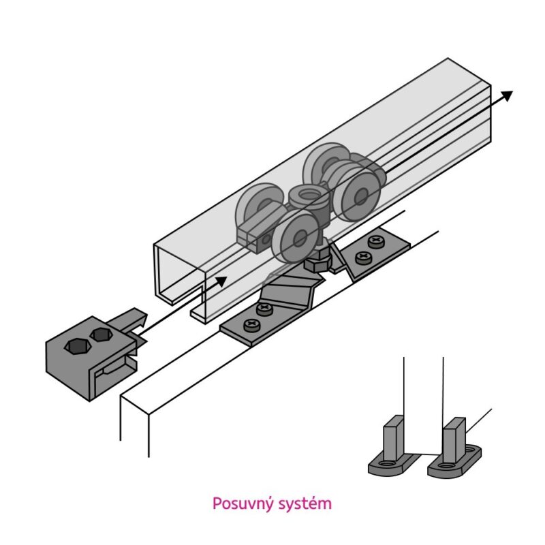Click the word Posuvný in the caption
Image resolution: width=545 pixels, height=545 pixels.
tap(243, 504)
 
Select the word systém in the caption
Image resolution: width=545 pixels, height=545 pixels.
tap(306, 504)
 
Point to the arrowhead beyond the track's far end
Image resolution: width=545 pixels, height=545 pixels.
tap(507, 95)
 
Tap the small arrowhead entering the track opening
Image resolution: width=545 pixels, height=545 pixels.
tap(221, 281)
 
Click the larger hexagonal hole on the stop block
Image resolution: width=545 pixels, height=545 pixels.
tap(78, 346)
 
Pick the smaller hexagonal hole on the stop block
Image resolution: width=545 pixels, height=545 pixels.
tap(100, 334)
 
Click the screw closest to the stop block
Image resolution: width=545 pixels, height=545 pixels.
tap(251, 326)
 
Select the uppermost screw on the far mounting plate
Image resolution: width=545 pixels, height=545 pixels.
tap(376, 241)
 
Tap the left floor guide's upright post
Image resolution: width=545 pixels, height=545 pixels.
tap(394, 439)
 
